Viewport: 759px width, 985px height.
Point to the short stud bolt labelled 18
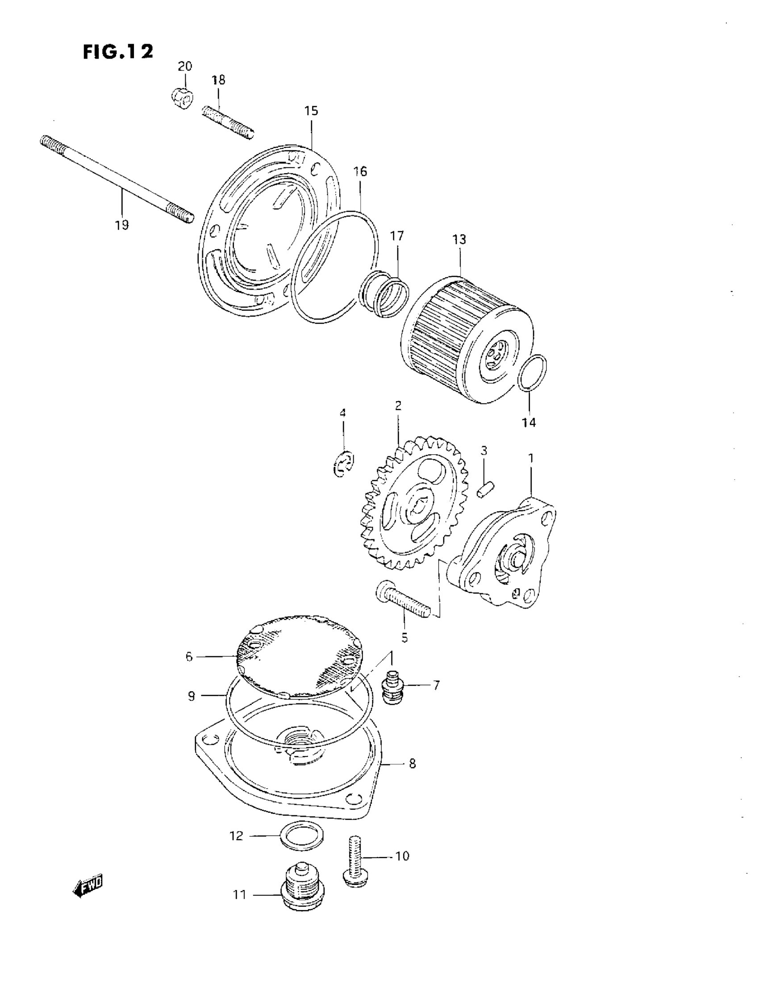tap(228, 122)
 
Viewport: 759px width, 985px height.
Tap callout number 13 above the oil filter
tap(459, 240)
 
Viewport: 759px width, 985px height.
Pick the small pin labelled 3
tap(486, 490)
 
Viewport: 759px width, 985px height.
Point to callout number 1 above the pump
tap(531, 458)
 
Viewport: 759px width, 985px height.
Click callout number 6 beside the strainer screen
tap(188, 657)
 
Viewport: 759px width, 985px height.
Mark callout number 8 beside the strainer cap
tap(412, 764)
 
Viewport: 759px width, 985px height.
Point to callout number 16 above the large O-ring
tap(360, 171)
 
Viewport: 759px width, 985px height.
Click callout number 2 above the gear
tap(398, 406)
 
